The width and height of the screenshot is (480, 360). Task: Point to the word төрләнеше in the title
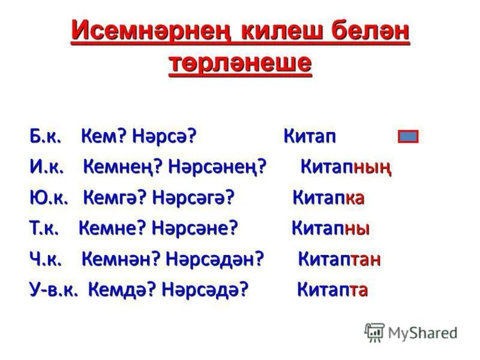pos(240,62)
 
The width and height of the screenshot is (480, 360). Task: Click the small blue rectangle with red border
pos(408,137)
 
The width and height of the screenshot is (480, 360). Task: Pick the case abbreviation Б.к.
pos(46,136)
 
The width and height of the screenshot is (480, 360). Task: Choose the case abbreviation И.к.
pos(47,167)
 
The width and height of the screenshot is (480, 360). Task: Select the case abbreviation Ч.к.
pos(46,259)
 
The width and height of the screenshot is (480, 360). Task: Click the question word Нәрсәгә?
pos(193,197)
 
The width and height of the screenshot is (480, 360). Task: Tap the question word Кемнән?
pos(121,259)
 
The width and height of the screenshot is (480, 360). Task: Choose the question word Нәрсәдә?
pos(208,290)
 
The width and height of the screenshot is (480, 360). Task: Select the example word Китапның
pos(346,167)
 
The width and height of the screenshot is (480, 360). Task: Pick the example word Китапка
pos(328,197)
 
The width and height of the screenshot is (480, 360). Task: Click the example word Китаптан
pos(339,259)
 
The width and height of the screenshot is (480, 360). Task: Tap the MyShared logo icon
pos(374,332)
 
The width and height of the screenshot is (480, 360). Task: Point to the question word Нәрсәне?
pos(195,229)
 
